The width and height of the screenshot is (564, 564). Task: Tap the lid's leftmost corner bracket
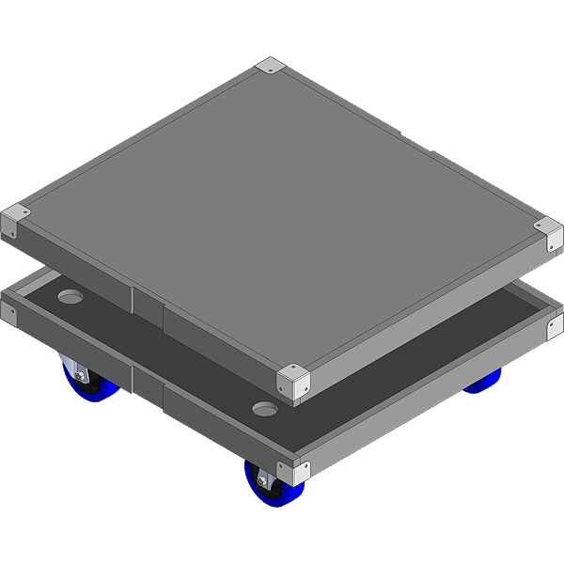pos(16,222)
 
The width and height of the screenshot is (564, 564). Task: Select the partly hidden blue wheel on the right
pos(484,381)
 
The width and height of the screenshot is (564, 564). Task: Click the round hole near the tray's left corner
pos(71,297)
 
